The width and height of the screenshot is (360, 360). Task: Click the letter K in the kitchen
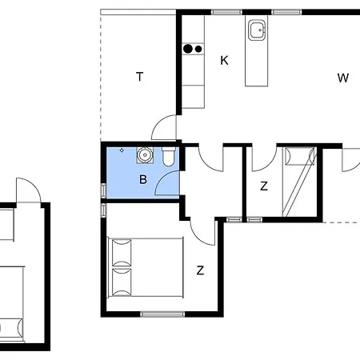click(x=224, y=61)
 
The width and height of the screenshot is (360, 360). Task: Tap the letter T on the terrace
click(x=140, y=77)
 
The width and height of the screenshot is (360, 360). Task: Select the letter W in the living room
click(x=343, y=78)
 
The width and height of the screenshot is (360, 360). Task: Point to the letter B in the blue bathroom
click(x=143, y=179)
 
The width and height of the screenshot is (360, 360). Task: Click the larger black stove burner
click(x=188, y=49)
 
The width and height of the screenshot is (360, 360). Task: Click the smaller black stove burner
click(x=198, y=49)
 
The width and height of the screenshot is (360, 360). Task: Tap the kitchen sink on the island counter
click(x=257, y=30)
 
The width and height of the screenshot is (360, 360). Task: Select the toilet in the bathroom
click(x=169, y=157)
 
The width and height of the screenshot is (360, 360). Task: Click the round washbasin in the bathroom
click(x=145, y=154)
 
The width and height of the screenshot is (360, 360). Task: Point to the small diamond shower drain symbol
click(x=122, y=150)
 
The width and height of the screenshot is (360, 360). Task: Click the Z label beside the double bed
click(x=200, y=270)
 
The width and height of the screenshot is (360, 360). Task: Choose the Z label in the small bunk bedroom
click(x=264, y=186)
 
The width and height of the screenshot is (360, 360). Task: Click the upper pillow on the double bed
click(x=122, y=253)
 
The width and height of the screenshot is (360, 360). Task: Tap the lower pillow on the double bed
click(x=122, y=282)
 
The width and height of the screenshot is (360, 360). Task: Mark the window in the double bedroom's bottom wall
click(x=162, y=314)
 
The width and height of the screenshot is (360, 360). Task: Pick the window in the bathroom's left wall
click(x=103, y=190)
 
